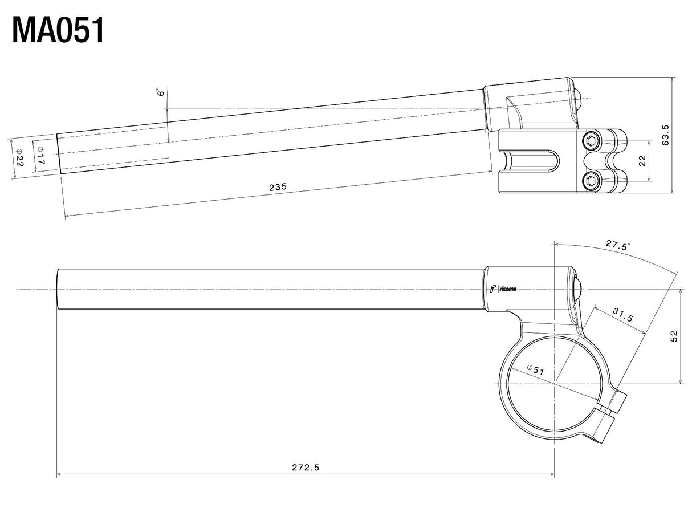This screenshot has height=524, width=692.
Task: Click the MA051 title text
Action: click(x=58, y=30)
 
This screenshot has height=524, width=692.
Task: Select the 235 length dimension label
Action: click(x=278, y=187)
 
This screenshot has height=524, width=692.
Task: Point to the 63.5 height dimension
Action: click(x=665, y=135)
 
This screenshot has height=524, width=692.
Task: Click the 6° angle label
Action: click(x=161, y=92)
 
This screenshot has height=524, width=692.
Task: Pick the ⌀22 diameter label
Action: click(x=19, y=157)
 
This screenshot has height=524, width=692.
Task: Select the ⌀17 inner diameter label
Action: click(x=40, y=156)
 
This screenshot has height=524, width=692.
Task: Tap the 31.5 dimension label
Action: click(x=623, y=315)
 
